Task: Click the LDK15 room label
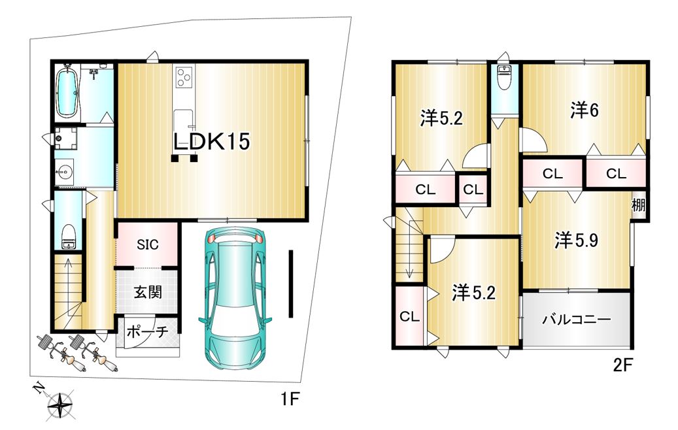pos(211,141)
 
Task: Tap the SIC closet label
pos(148,244)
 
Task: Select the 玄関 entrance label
pos(148,292)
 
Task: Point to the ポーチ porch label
pos(148,332)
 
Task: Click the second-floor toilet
pos(504,78)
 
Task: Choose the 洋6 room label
pos(584,110)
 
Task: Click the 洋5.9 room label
pos(577,240)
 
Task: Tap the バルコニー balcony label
pos(577,320)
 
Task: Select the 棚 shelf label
pos(639,205)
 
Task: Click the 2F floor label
pos(623,365)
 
